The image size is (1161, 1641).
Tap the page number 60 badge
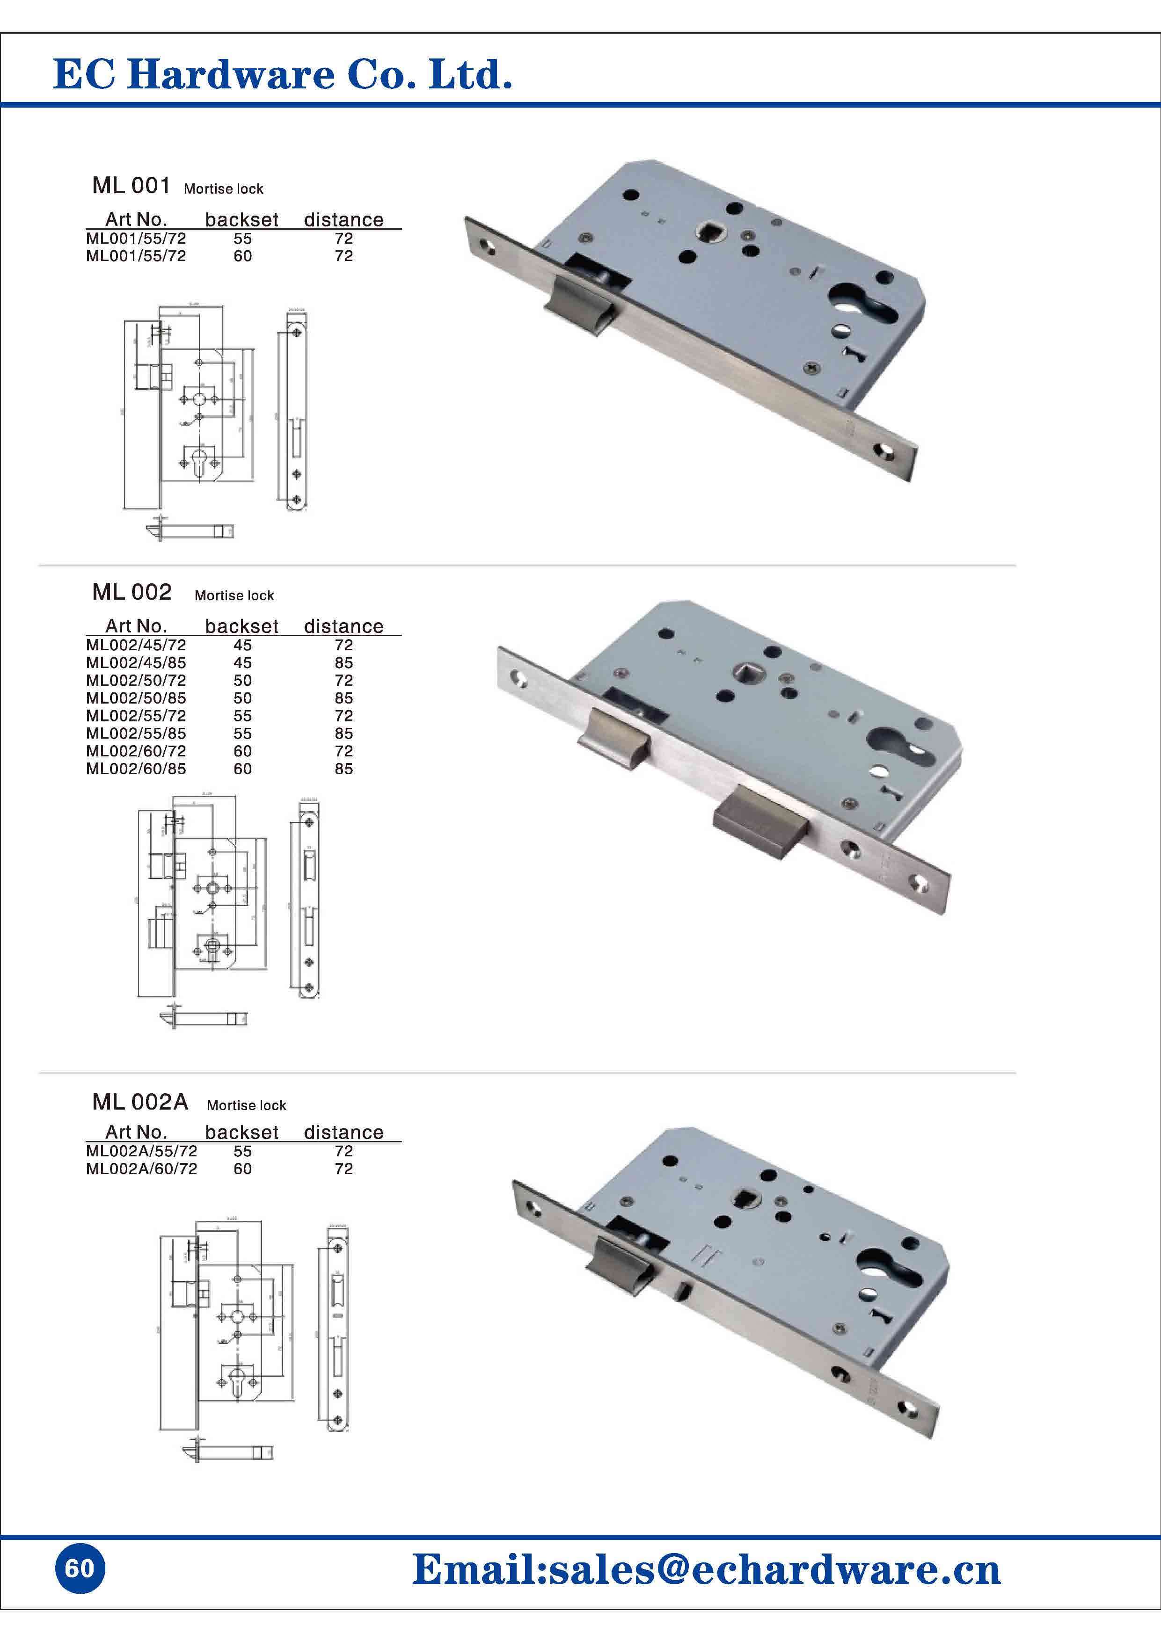click(x=80, y=1568)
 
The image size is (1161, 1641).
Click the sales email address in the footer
click(x=706, y=1569)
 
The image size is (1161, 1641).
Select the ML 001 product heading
click(x=131, y=186)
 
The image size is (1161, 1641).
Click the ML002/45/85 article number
click(x=136, y=662)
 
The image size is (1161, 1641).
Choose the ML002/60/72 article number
click(x=136, y=751)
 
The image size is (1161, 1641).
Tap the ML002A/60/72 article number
click(x=141, y=1169)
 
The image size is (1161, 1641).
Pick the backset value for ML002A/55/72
click(x=242, y=1151)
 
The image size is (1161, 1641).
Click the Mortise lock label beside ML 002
click(x=234, y=595)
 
